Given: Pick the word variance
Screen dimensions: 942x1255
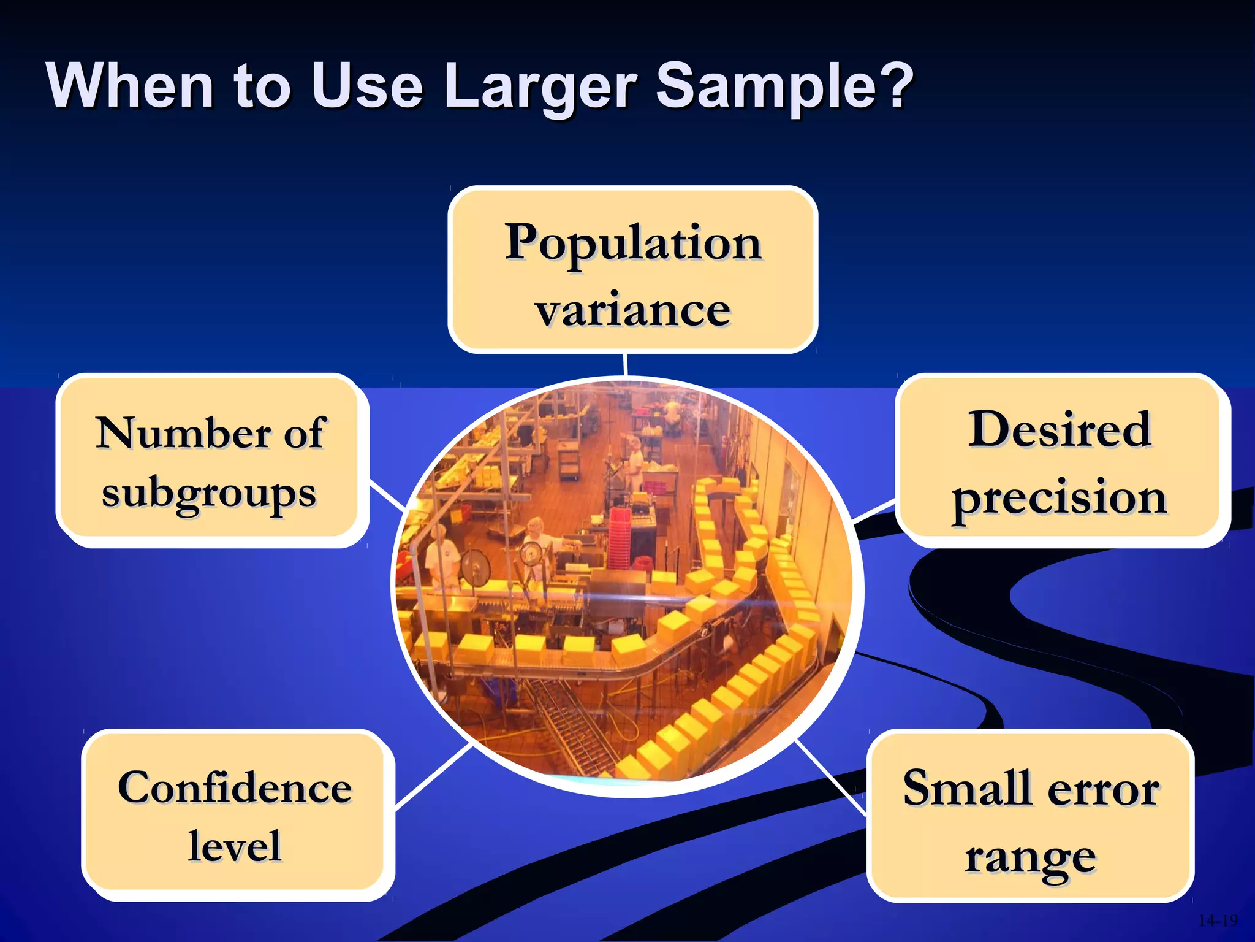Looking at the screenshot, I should coord(633,310).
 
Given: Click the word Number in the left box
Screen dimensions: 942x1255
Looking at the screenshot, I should coord(183,433).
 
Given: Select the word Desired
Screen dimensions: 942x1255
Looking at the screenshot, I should coord(1060,429).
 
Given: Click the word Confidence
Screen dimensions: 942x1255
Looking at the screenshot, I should coord(235,787).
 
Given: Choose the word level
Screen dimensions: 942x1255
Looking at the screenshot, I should coord(235,846).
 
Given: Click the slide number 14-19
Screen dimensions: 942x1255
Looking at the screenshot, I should coord(1218,921).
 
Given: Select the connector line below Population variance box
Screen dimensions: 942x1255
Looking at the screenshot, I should coord(625,364).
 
